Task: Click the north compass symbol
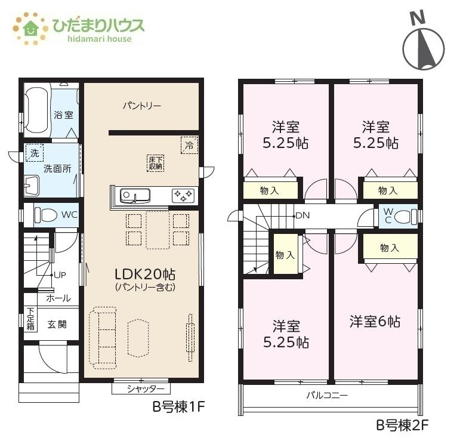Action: point(424,44)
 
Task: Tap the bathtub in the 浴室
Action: point(36,110)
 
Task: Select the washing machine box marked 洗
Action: point(35,153)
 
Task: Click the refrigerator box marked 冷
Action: point(189,145)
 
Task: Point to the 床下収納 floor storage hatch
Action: point(155,163)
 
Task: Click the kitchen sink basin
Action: point(135,195)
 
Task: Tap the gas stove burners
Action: point(183,196)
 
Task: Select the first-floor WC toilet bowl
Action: point(46,215)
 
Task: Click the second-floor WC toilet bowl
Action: point(405,217)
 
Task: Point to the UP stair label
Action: point(60,275)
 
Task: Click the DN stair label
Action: point(303,215)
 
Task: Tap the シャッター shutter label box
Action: point(141,388)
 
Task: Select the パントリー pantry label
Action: point(142,106)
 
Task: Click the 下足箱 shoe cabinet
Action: point(30,319)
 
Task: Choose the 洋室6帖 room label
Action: point(375,322)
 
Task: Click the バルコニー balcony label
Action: point(327,395)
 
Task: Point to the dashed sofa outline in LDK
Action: point(103,338)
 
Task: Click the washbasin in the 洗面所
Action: point(32,186)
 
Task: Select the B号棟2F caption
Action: point(402,425)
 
